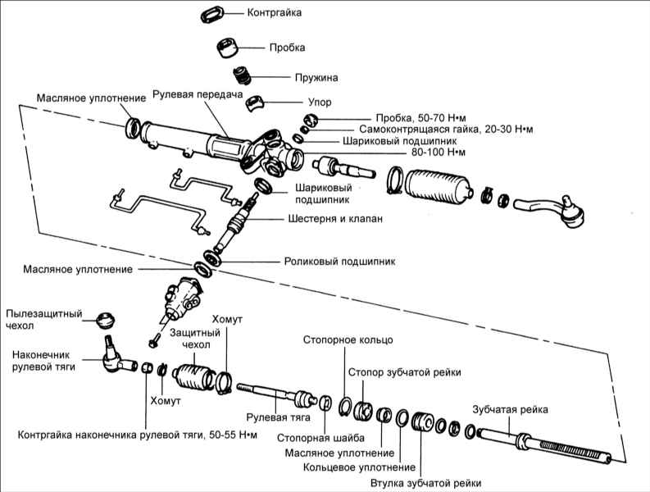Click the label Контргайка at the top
pos(274,13)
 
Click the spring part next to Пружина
pos(242,75)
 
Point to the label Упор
pos(298,105)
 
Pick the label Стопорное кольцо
pos(348,339)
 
